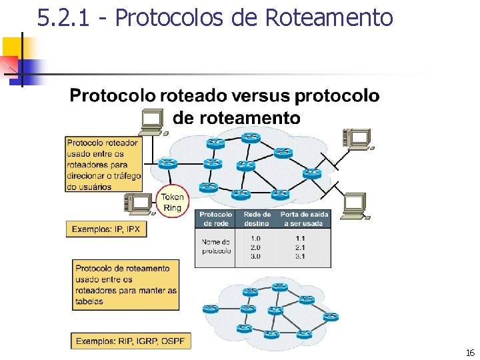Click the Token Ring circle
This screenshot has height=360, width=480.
coord(172,202)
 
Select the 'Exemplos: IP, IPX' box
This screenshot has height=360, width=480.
coord(106,229)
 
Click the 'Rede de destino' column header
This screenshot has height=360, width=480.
coord(257,219)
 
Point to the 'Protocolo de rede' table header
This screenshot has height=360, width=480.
coord(216,219)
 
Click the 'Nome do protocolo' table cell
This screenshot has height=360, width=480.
coord(216,246)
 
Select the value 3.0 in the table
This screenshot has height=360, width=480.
coord(255,256)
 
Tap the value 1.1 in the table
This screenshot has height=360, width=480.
coord(300,238)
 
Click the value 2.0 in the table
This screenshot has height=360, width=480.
coord(255,247)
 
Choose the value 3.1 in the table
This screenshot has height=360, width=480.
coord(300,256)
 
